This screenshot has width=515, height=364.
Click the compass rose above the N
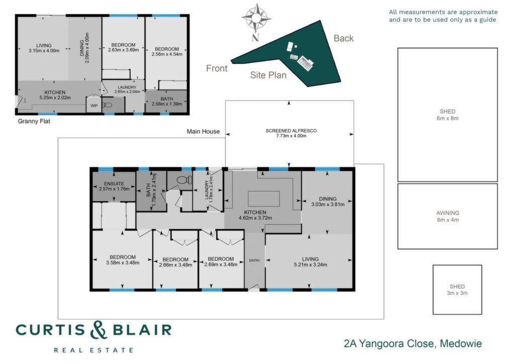pos(256,18)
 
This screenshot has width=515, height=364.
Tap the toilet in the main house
pos(184,179)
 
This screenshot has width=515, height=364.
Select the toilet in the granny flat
pos(107,106)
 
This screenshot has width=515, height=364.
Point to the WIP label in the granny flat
pos(94,106)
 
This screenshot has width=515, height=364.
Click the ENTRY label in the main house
pos(254,260)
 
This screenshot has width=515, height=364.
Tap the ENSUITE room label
pos(114,184)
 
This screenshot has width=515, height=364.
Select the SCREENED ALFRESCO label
pos(291,131)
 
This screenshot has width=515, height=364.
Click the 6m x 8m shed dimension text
pos(447,118)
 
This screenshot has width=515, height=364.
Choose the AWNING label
pos(448,213)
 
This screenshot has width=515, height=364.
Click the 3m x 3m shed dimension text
pos(457,293)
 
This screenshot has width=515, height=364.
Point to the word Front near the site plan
pos(216,68)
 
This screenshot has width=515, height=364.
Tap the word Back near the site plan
pos(344,38)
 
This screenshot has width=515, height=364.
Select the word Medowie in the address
pos(461,344)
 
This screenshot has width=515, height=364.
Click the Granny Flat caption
pos(34,121)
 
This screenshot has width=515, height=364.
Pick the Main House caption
pos(203,131)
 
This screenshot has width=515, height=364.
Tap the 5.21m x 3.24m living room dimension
pos(310,264)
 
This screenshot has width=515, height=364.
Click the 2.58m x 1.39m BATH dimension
pos(167,104)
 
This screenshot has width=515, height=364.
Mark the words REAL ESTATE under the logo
pos(94,350)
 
